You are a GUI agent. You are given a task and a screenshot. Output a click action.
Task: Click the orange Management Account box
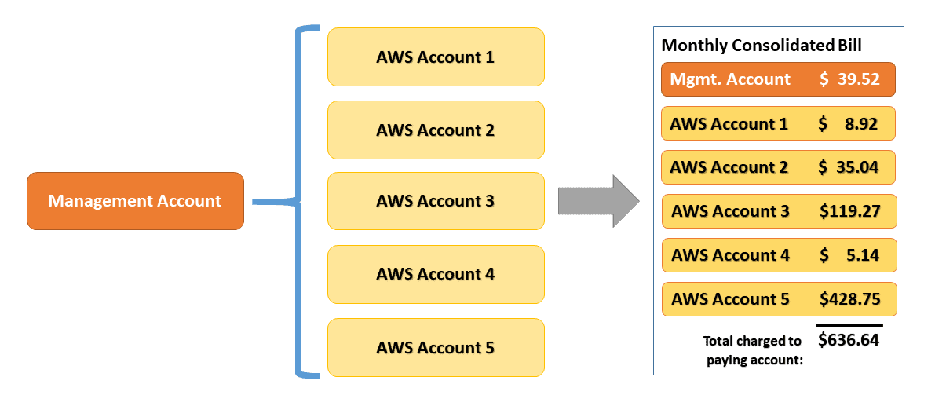[135, 201]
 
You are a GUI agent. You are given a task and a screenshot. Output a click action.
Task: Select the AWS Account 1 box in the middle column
[436, 57]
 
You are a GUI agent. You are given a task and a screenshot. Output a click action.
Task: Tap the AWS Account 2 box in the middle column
[436, 130]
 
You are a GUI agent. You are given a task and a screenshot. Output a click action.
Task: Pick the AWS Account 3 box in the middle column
[436, 201]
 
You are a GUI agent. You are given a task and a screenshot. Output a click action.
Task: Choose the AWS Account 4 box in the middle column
[436, 274]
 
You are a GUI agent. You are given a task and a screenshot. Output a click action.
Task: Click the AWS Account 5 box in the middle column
[436, 347]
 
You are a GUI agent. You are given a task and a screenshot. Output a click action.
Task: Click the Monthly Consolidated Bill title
[761, 46]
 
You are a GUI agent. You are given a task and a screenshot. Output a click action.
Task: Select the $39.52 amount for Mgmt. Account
[849, 79]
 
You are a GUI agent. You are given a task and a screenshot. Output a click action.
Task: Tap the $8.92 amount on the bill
[849, 124]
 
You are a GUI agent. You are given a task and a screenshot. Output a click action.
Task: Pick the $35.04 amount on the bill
[849, 167]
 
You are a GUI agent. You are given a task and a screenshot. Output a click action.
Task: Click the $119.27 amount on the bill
[849, 211]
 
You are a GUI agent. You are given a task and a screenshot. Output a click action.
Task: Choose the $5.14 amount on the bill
[849, 255]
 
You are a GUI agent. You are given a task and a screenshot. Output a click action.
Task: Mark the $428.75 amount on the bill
[849, 299]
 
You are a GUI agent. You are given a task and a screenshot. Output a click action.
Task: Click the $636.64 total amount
[849, 340]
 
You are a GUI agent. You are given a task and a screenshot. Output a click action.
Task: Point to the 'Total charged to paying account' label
[753, 350]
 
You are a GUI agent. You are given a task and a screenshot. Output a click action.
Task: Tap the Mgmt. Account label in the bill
[730, 79]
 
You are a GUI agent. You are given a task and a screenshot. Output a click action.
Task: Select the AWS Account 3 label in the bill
[730, 211]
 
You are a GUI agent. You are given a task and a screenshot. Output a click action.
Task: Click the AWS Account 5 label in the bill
[730, 299]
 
